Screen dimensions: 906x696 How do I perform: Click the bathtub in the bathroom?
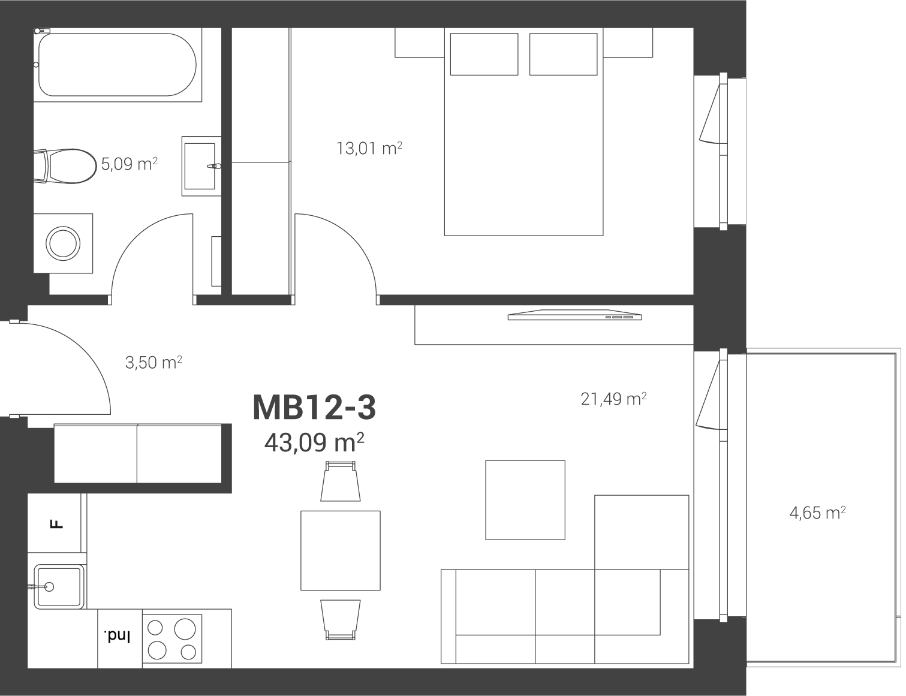[x=117, y=65]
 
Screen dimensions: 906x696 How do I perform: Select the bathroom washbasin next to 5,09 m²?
[x=201, y=166]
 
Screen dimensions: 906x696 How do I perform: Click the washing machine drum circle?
[x=63, y=244]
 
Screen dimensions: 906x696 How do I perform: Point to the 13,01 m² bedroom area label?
[x=369, y=148]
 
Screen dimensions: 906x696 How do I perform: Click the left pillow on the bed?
[x=484, y=54]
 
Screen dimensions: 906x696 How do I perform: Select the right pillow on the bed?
[x=563, y=54]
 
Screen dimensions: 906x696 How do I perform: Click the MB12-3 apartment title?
[x=314, y=408]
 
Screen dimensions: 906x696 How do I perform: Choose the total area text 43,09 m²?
[x=314, y=442]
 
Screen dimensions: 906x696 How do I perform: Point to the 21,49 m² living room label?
[x=613, y=399]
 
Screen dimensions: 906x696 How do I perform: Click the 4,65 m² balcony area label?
[x=818, y=513]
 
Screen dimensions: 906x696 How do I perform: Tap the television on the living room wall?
[x=575, y=315]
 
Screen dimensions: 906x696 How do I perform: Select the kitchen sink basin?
[x=59, y=587]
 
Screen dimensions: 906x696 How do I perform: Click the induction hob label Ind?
[x=117, y=637]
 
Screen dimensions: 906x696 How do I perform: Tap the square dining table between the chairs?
[x=341, y=550]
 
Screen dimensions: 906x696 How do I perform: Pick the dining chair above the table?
[x=341, y=481]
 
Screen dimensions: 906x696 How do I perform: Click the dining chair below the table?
[x=341, y=620]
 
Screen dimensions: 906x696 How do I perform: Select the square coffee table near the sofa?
[x=525, y=500]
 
